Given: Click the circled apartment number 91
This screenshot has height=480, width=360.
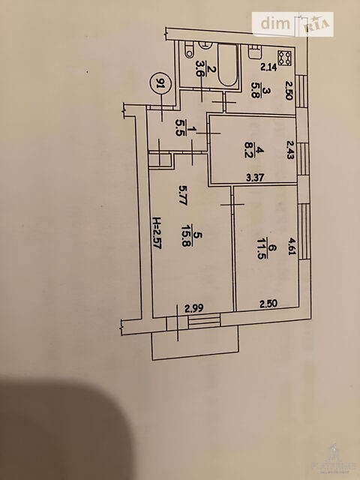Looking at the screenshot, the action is click(x=159, y=82).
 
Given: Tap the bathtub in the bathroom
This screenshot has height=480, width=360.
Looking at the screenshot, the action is click(x=228, y=65).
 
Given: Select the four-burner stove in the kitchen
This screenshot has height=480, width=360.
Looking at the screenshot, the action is click(x=285, y=58).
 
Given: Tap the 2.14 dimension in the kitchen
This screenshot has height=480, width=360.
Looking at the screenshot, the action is click(x=268, y=67).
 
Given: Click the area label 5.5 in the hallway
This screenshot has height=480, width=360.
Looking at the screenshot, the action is click(x=180, y=128).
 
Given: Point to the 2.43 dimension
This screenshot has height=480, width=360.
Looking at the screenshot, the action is click(x=290, y=150).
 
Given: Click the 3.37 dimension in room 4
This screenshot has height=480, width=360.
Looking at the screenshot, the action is click(x=255, y=178).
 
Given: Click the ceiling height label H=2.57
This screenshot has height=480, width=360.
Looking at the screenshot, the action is click(x=157, y=233).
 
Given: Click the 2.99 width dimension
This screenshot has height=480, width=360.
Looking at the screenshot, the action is click(x=194, y=308).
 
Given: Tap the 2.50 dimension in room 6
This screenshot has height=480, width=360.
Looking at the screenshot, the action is click(x=268, y=304).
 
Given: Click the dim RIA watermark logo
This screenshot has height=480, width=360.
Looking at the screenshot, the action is click(x=293, y=24).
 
